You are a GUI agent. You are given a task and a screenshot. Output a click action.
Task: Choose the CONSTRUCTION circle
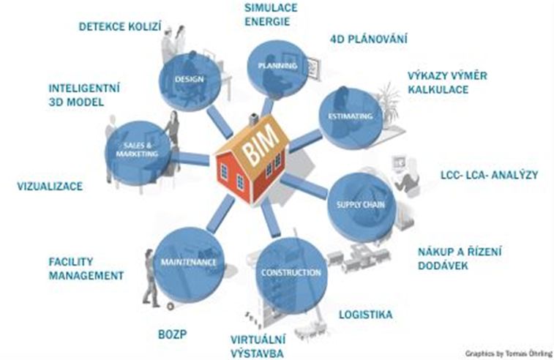[x=291, y=273]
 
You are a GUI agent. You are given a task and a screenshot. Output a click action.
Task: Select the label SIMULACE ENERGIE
[x=272, y=14]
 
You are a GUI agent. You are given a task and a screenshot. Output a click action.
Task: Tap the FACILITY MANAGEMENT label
[x=85, y=268]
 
